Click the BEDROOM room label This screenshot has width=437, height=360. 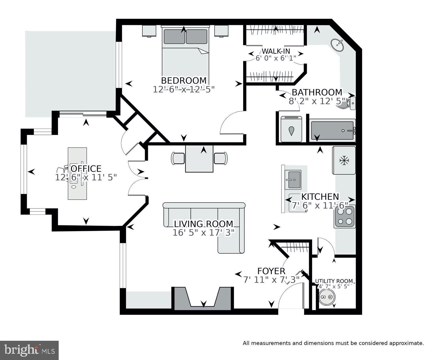(x=184, y=81)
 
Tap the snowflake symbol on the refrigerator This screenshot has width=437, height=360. (x=344, y=161)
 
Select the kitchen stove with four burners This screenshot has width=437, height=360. (x=344, y=217)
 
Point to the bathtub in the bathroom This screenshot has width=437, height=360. (x=332, y=130)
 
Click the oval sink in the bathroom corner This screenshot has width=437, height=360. (x=338, y=45)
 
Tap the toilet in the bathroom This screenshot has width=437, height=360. (x=347, y=104)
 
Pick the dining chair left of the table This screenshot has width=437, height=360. (x=178, y=158)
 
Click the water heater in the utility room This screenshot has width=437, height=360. (x=327, y=297)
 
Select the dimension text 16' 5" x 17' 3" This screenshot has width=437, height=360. (x=204, y=233)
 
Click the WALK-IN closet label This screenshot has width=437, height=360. (x=276, y=51)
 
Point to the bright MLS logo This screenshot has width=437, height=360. (x=29, y=350)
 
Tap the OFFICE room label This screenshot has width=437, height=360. (x=86, y=169)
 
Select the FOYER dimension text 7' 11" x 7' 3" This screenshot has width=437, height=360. (x=271, y=280)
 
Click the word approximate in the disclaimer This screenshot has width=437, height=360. (x=406, y=343)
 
